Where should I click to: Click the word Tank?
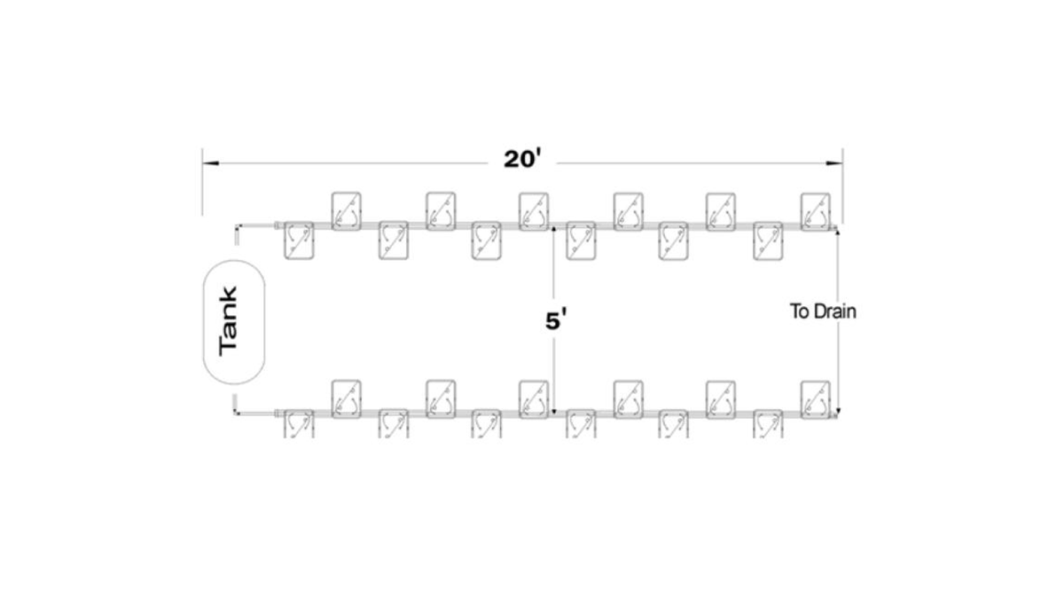[x=229, y=321]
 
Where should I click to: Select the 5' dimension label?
[x=555, y=320]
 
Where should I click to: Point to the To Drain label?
[x=823, y=312]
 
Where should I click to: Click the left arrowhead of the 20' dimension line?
[x=207, y=163]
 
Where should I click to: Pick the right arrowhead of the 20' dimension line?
[x=837, y=163]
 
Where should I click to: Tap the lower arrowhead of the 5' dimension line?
[x=553, y=411]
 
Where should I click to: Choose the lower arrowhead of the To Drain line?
[x=838, y=410]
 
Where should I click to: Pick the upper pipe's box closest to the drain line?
[x=816, y=209]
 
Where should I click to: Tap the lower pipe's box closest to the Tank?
[x=298, y=424]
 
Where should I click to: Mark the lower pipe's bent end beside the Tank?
[x=237, y=406]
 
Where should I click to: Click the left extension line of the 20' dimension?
[x=203, y=186]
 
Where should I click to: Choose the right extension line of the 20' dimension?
[x=842, y=186]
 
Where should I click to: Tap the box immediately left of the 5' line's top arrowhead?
[x=534, y=210]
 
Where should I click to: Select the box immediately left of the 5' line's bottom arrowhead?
[x=534, y=398]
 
